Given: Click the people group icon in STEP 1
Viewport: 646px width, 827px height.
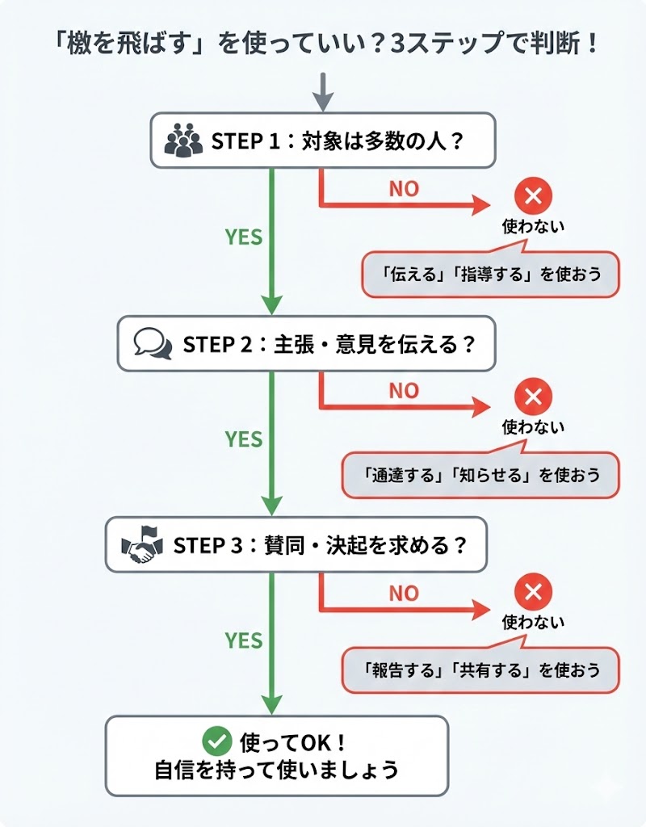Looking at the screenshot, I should [183, 141].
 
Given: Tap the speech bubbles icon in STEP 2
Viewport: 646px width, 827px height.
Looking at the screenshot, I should [153, 343].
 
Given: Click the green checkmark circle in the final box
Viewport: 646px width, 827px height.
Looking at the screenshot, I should [216, 740].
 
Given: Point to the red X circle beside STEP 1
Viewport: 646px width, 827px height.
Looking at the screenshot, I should [533, 196].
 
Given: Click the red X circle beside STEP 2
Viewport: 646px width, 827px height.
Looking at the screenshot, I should [533, 397].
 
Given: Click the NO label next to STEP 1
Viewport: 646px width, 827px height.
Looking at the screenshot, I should [404, 189].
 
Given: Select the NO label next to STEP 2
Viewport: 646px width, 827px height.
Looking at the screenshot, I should [404, 391].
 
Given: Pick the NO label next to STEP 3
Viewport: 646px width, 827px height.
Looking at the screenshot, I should [404, 594].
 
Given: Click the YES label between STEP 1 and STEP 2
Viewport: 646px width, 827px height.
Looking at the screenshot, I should [244, 237].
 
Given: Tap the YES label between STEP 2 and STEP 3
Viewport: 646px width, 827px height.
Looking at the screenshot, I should [244, 439].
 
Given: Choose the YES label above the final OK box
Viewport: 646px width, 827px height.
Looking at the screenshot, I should [244, 640].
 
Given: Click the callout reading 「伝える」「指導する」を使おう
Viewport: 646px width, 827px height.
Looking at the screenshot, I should [492, 274].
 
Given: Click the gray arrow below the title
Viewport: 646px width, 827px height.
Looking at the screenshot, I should [323, 91].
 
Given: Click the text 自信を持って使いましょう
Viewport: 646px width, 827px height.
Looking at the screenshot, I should [277, 769].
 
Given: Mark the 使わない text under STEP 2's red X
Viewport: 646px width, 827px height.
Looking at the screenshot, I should [533, 426].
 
